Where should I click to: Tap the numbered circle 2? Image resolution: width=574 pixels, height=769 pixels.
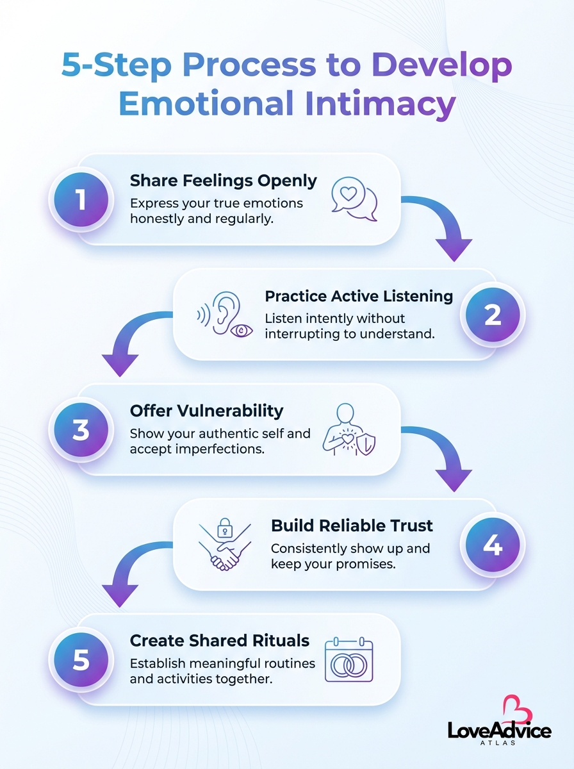tap(492, 315)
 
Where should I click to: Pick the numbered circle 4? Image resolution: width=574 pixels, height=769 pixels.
tap(492, 545)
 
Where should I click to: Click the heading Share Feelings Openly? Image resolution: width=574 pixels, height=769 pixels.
tap(223, 181)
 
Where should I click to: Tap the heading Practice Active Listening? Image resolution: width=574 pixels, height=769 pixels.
tap(359, 296)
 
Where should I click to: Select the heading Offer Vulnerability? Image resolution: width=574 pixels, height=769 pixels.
tap(206, 410)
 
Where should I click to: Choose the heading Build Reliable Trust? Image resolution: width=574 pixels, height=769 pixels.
tap(352, 525)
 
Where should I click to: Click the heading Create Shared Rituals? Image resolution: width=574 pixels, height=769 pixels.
tap(220, 640)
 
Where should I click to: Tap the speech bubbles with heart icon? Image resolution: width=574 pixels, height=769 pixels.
tap(354, 199)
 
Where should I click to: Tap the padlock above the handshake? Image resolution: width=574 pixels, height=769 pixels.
tap(224, 529)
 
